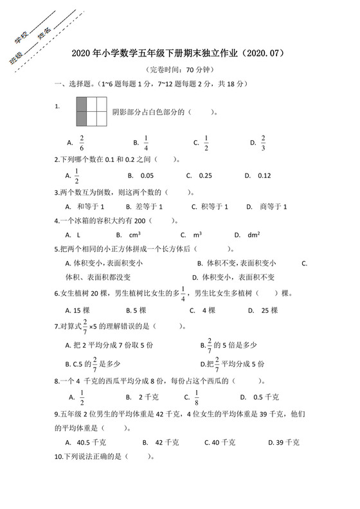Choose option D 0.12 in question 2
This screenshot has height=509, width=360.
264,175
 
